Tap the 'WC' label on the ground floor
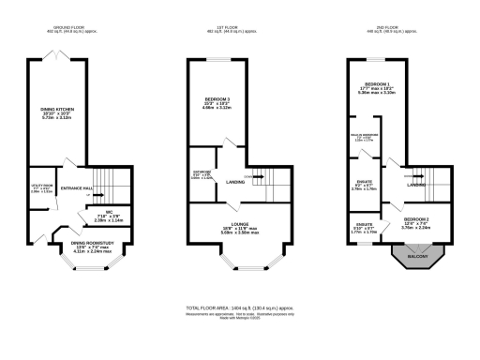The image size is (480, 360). coord(109,212)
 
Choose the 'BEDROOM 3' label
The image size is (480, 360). coord(217,98)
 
